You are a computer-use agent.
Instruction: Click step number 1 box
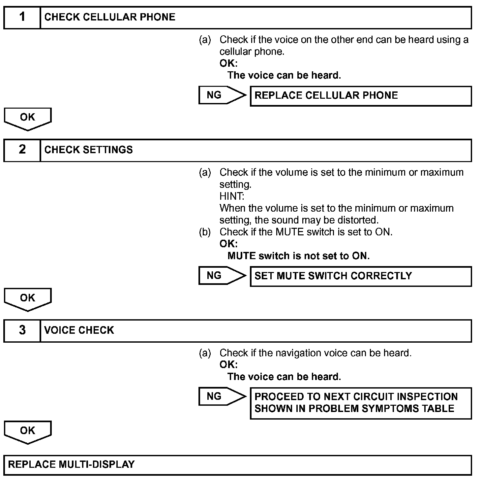[22, 17]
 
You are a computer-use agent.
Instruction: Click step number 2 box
[22, 150]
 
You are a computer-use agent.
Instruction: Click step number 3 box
[22, 330]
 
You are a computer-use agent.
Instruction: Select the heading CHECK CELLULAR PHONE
[109, 17]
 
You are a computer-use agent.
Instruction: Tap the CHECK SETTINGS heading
[88, 150]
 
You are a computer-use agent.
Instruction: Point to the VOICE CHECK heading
[79, 330]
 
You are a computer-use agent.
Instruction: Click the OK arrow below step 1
[28, 118]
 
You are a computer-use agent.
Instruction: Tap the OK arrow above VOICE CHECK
[28, 299]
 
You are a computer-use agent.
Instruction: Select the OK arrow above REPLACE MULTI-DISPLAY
[28, 431]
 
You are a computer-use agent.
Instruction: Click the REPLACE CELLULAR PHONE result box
[361, 96]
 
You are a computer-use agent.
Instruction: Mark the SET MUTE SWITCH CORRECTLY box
[361, 276]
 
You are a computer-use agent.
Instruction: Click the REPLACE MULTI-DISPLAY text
[71, 465]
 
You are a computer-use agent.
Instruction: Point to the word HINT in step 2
[232, 196]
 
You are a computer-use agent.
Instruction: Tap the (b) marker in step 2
[205, 232]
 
